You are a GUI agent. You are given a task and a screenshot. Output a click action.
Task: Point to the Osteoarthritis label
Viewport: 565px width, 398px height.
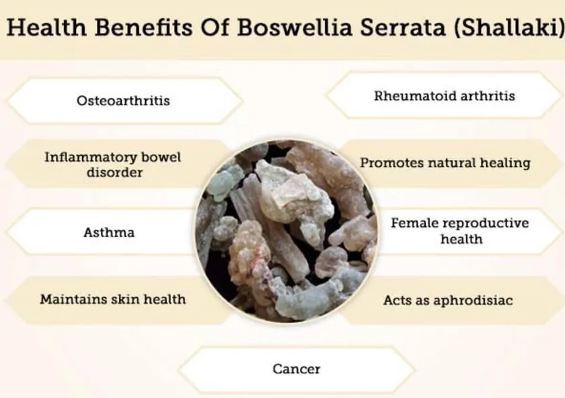[x=123, y=101]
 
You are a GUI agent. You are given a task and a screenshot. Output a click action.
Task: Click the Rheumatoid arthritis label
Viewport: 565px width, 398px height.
[x=445, y=96]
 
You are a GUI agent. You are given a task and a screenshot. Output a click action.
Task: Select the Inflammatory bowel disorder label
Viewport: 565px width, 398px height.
[x=113, y=165]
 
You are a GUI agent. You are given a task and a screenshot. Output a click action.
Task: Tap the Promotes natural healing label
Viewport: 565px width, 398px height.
[x=445, y=163]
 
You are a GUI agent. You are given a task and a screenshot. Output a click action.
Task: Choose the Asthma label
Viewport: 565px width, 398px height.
[x=109, y=233]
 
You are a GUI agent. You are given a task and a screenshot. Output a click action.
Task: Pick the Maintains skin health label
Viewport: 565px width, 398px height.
[x=112, y=300]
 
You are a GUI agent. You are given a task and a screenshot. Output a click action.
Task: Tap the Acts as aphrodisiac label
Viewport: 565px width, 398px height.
[x=449, y=301]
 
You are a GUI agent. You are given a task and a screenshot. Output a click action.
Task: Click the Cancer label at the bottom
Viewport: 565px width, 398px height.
[x=297, y=369]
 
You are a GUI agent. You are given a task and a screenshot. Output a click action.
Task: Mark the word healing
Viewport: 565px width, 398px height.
[x=505, y=164]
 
